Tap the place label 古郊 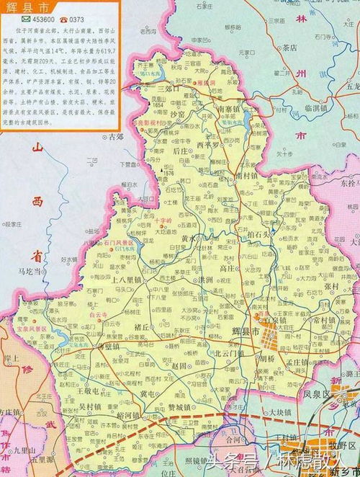click(115, 137)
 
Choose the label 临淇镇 click(297, 108)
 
